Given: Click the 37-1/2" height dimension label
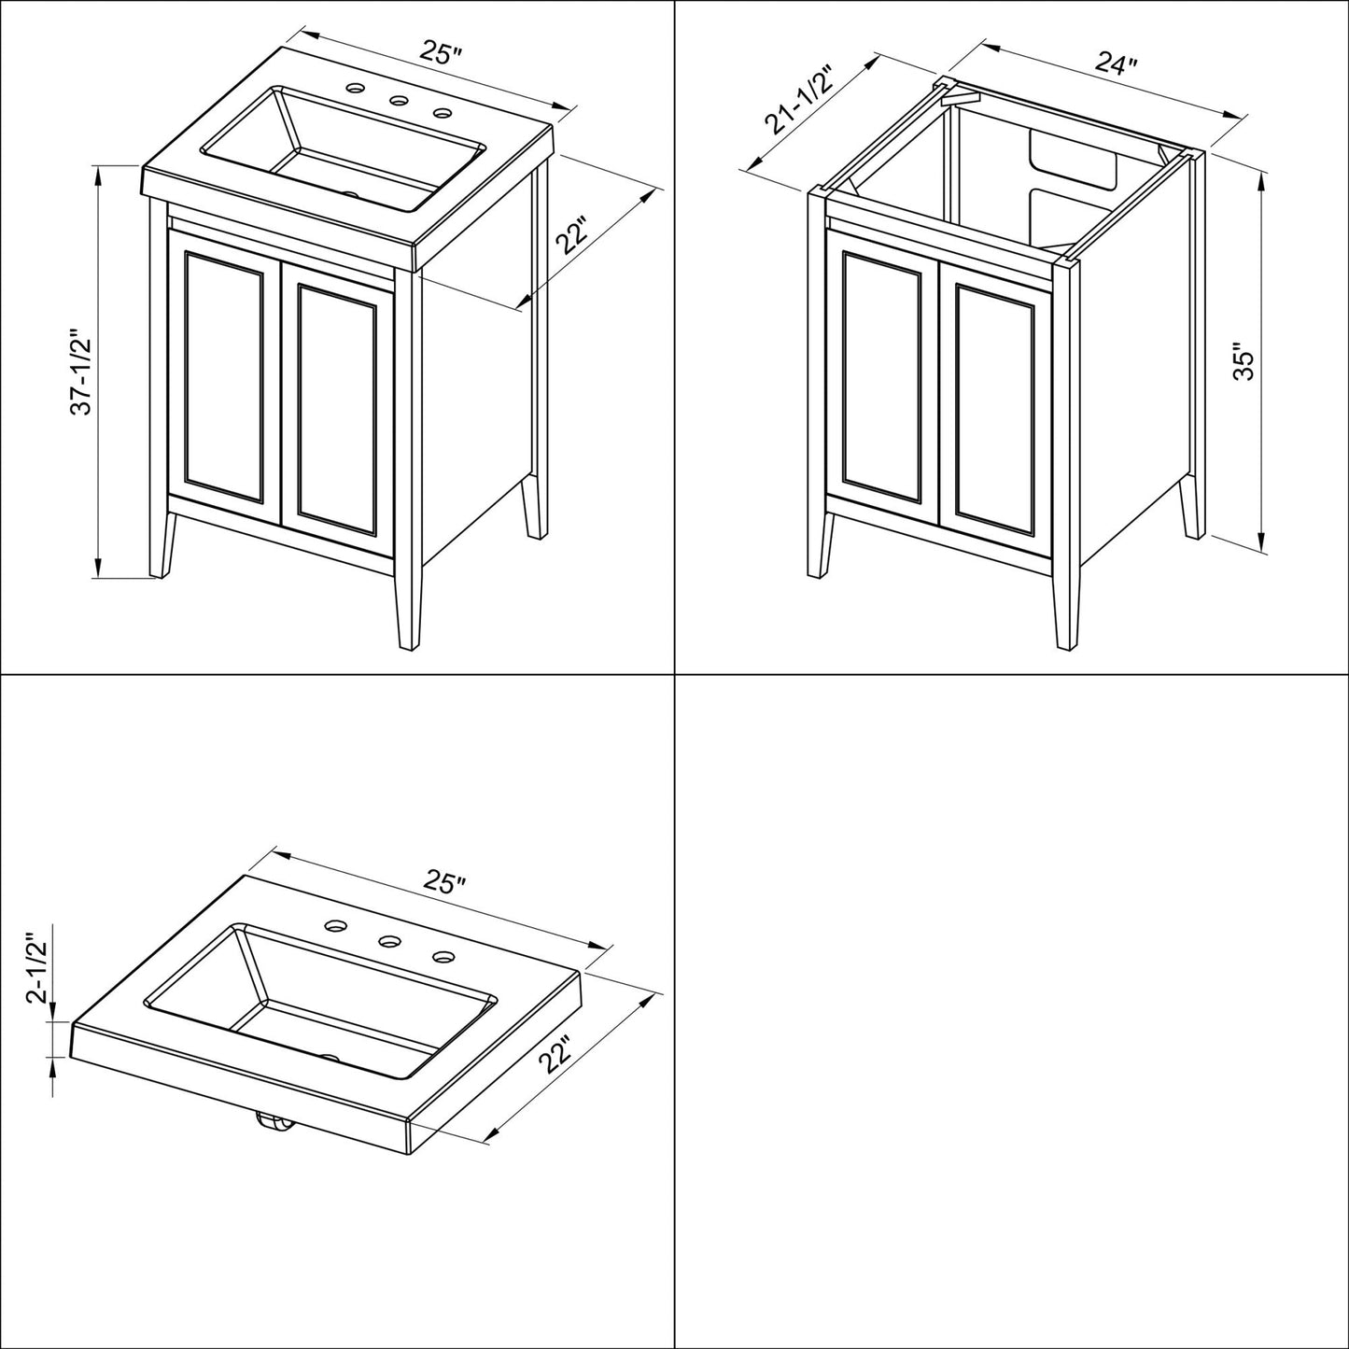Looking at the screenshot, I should (x=81, y=371).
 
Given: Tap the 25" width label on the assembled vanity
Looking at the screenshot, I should (x=441, y=53).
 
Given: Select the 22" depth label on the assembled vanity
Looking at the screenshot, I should (x=571, y=240).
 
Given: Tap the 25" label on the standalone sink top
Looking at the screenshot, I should (x=444, y=882).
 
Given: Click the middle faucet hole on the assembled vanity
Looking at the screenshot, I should (x=399, y=101).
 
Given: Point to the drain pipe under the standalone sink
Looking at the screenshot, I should (x=273, y=1126).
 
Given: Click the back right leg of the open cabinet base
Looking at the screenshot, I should (x=1190, y=504).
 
